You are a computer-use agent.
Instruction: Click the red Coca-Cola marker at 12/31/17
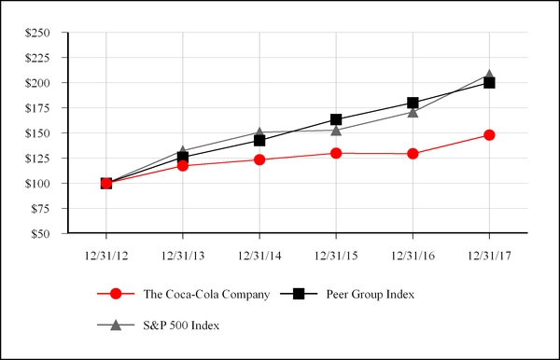(489, 135)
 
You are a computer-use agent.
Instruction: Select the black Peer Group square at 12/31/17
(489, 83)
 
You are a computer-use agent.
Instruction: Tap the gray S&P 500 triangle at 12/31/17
(489, 75)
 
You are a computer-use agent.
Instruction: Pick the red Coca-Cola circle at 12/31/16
(413, 153)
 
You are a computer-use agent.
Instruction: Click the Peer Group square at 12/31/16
(413, 103)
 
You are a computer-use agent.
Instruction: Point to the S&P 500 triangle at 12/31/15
(336, 130)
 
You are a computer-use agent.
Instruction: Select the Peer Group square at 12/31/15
(336, 119)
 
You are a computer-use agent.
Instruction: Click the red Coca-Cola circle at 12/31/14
(259, 159)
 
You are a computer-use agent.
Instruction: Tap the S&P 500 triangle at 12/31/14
(259, 132)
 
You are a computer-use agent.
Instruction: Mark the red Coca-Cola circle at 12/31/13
(183, 165)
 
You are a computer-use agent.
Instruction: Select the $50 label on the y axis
(40, 234)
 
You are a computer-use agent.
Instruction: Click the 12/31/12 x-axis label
(106, 254)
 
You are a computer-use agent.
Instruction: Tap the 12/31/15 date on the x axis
(336, 254)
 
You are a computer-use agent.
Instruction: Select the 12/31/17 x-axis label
(489, 254)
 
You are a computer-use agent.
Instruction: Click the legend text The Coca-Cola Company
(206, 295)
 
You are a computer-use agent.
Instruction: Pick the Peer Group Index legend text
(371, 295)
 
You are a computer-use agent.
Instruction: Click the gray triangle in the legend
(116, 325)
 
